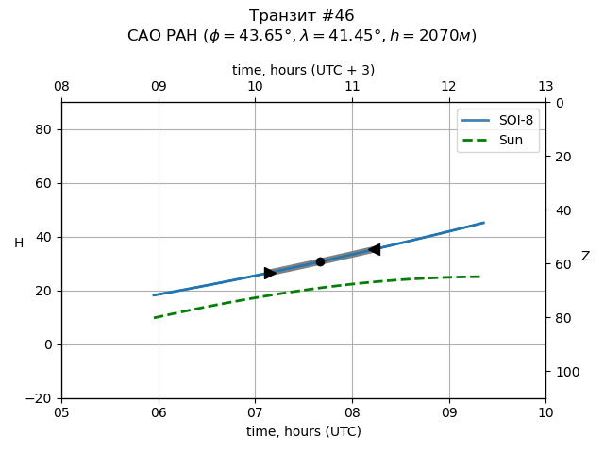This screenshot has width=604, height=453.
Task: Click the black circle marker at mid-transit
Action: coord(320,261)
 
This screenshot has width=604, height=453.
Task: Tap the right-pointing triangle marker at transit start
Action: coord(270,273)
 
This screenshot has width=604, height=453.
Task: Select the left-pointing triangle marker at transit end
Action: coord(374,249)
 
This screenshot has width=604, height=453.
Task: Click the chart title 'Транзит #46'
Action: coord(302,16)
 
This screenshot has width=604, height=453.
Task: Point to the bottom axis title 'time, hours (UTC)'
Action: coord(303,431)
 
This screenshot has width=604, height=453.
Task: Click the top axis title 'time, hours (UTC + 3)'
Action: coord(303,70)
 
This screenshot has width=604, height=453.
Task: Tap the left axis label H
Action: coord(19,243)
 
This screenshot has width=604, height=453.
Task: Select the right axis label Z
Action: coord(585,256)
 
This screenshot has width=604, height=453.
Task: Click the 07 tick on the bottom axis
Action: coord(255,411)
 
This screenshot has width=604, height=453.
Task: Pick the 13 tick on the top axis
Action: coord(545,87)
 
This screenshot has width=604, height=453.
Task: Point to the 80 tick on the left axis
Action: coord(42,129)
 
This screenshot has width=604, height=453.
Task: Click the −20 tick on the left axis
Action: coord(39,398)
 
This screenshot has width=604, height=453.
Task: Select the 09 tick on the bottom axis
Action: coord(449,411)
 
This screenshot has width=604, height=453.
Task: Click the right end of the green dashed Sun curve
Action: coord(480,277)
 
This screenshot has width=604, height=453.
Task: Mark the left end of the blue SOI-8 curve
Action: coord(154,295)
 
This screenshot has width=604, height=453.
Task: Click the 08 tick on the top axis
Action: coord(61,87)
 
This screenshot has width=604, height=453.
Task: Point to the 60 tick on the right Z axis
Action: coord(561,264)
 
